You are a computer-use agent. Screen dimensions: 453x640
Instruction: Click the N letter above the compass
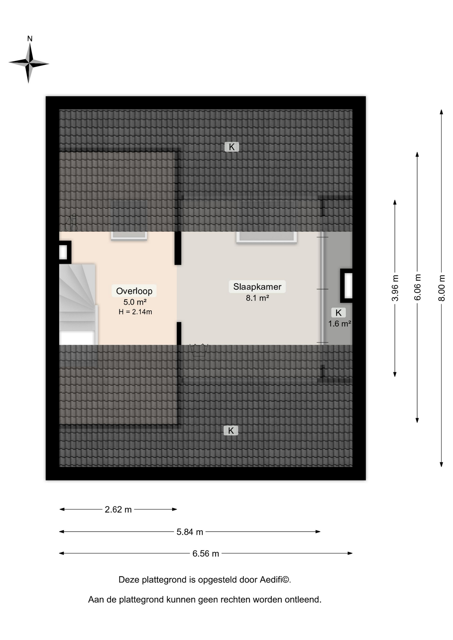coord(30,39)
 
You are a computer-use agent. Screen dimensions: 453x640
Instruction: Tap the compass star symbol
coord(29,63)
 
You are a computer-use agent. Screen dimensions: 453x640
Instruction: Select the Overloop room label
coord(134,291)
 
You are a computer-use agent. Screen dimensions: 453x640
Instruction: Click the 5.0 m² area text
coord(135,302)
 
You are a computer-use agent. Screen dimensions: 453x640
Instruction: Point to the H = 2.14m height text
coord(135,312)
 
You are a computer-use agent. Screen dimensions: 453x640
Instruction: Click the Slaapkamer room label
coord(257,287)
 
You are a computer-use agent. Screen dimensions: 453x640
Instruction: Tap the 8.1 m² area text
coord(257,298)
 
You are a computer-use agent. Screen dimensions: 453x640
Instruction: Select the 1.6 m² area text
coord(339,324)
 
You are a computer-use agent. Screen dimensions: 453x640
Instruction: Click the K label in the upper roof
coord(232,147)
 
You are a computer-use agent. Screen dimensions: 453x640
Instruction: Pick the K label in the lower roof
coord(231,431)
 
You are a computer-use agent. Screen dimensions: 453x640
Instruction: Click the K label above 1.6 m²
coord(339,313)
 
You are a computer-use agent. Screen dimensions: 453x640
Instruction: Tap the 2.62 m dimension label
coord(118,509)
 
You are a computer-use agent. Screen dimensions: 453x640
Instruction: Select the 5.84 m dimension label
coord(189,532)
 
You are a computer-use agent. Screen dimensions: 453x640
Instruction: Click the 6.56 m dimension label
coord(205,553)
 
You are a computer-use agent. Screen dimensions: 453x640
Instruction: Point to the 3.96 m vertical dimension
coord(395,288)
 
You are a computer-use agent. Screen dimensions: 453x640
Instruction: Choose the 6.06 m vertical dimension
coord(417,287)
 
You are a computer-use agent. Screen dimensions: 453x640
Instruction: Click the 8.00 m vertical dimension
coord(441,288)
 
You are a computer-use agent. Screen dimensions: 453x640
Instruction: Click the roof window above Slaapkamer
coord(267,237)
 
